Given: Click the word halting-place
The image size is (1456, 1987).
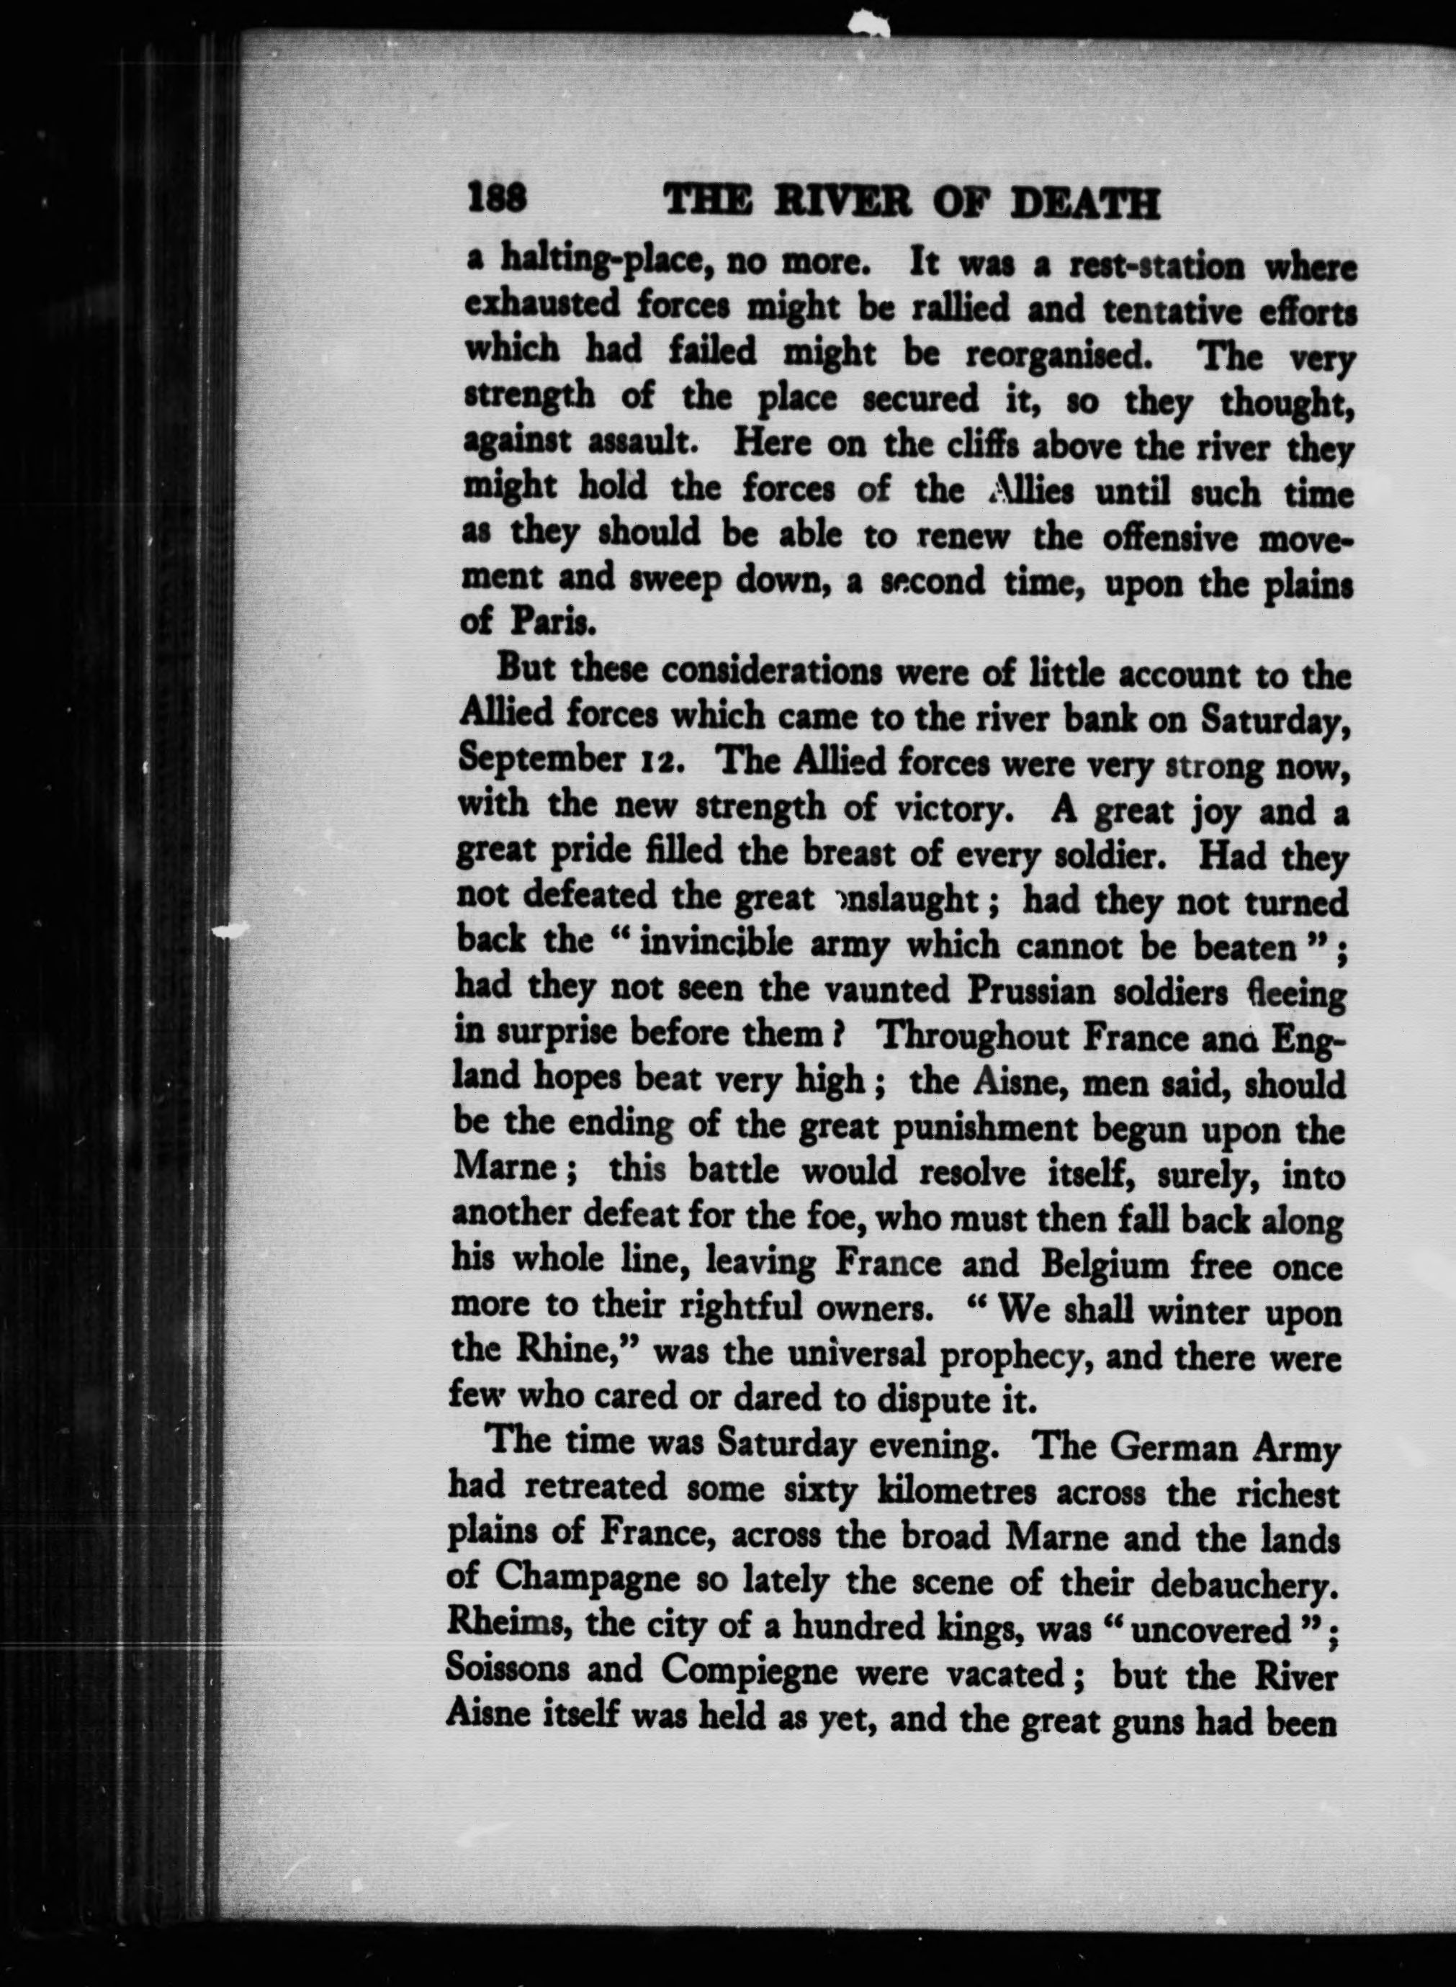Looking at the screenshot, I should click(x=606, y=261).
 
